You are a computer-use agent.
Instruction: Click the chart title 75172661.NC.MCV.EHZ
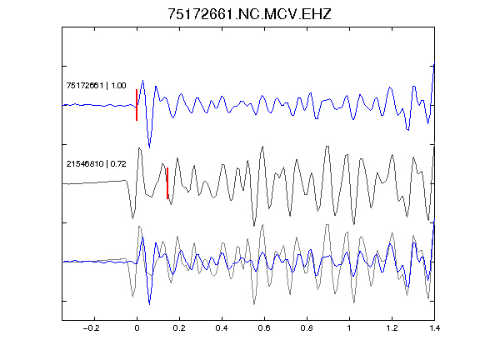click(249, 14)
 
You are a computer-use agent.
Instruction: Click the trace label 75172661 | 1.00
click(96, 85)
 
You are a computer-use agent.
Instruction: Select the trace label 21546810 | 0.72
click(96, 164)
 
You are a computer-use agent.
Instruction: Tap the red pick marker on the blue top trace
click(137, 105)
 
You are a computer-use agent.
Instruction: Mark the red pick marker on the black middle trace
click(167, 183)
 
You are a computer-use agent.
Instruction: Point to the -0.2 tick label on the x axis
click(92, 328)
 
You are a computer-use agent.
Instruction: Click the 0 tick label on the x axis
click(137, 328)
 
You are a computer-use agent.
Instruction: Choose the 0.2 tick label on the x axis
click(179, 328)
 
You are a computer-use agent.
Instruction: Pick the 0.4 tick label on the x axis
click(222, 328)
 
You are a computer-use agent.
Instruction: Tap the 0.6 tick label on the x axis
click(264, 328)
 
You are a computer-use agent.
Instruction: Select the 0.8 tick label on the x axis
click(307, 328)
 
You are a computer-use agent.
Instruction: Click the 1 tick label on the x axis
click(349, 328)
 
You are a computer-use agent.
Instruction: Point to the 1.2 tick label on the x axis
click(392, 328)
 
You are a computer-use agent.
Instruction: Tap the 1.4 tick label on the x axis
click(435, 328)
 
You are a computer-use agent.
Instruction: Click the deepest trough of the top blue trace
click(149, 147)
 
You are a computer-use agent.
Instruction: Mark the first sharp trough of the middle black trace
click(132, 218)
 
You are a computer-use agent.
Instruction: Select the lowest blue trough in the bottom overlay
click(149, 304)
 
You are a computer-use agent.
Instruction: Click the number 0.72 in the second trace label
click(118, 164)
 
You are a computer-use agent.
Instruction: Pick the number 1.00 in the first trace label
click(118, 85)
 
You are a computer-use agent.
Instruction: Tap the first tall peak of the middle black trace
click(139, 148)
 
